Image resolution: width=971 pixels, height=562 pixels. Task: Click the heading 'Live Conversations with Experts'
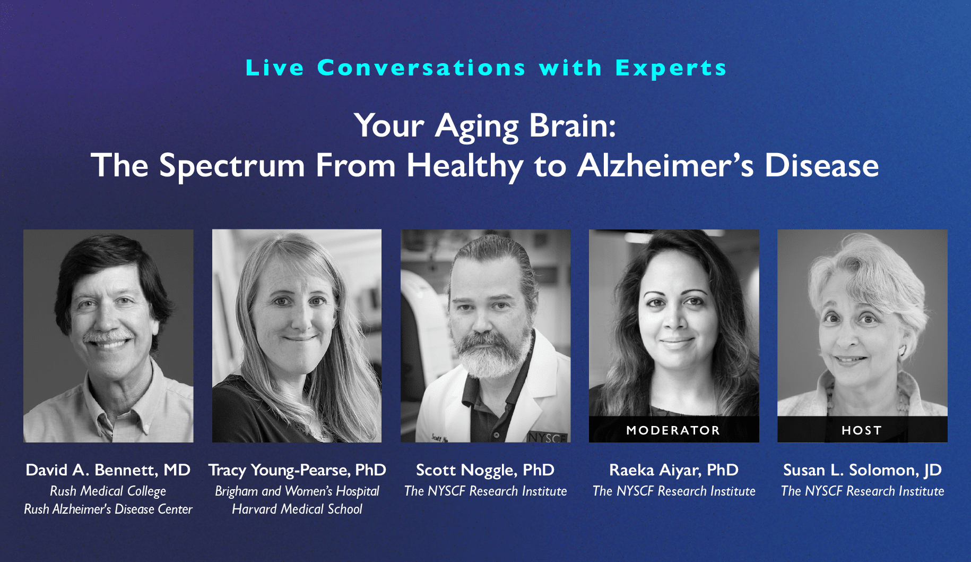coord(485,68)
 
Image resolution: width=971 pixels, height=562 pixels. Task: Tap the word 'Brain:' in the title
coord(573,126)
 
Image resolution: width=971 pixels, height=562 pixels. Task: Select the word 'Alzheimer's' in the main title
coord(665,165)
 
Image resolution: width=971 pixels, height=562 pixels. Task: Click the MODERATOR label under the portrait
coord(673,430)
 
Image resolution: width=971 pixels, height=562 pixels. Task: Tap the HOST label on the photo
coord(862,430)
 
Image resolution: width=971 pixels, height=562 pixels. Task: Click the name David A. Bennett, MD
coord(108,470)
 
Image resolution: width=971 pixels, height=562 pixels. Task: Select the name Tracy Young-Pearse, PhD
coord(297,471)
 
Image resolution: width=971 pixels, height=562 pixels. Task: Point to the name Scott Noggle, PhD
coord(485,471)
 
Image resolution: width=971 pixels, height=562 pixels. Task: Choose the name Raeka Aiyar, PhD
coord(674,471)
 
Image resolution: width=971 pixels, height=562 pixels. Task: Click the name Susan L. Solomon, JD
coord(862,470)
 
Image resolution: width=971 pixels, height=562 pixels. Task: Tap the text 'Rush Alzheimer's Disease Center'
coord(108,509)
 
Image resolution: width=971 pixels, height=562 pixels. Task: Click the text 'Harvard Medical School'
coord(297,509)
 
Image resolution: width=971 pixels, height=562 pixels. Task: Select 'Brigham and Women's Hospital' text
coord(297,491)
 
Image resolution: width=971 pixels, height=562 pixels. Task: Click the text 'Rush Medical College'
coord(108,491)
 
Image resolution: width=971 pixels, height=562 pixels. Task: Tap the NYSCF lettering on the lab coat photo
coord(547,438)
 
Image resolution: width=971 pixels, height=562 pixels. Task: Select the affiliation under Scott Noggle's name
coord(485,491)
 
